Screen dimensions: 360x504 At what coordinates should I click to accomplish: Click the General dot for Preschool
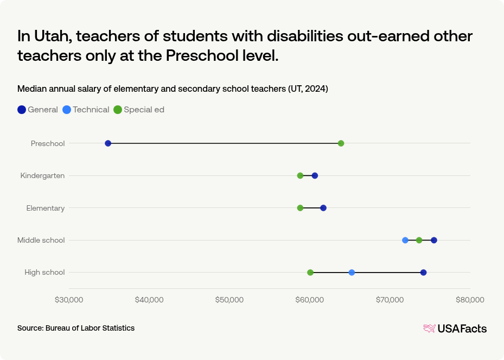[x=108, y=143]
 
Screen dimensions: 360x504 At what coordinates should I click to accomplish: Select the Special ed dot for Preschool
[x=341, y=143]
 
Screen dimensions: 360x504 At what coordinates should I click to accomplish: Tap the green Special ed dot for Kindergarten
[x=300, y=175]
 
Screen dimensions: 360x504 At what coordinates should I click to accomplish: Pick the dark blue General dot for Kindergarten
[x=315, y=175]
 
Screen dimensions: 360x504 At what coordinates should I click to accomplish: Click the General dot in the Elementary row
[x=323, y=208]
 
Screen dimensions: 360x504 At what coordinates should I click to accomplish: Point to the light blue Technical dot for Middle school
[x=405, y=240]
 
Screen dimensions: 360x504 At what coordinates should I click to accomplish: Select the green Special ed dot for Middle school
[x=419, y=240]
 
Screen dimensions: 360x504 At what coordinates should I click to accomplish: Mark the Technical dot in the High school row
[x=352, y=272]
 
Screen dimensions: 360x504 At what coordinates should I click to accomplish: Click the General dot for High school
[x=423, y=272]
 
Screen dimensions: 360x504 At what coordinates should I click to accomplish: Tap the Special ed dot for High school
[x=310, y=272]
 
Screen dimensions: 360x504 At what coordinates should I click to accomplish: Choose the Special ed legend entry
[x=139, y=110]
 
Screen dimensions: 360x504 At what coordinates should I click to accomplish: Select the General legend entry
[x=37, y=110]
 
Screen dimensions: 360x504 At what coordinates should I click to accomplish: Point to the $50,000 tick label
[x=229, y=300]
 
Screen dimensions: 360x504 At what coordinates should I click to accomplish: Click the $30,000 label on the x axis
[x=69, y=300]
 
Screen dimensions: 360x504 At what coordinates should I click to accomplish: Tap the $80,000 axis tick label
[x=470, y=300]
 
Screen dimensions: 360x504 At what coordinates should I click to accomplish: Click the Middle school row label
[x=41, y=240]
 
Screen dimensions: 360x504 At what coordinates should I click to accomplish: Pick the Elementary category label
[x=46, y=208]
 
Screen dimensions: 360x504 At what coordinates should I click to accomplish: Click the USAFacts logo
[x=455, y=329]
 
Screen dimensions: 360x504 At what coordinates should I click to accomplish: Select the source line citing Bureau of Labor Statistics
[x=76, y=328]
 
